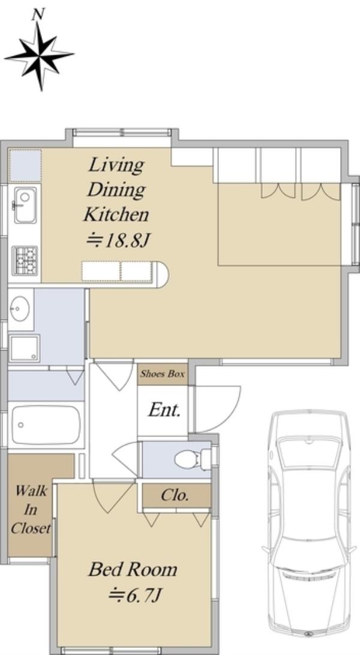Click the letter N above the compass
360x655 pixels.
pos(38,14)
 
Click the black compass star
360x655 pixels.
pos(40,55)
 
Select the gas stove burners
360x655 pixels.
pos(25,261)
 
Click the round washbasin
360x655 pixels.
pos(20,309)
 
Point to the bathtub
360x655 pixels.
pos(46,425)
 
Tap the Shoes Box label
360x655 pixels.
pos(163,374)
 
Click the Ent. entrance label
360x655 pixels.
pos(164,410)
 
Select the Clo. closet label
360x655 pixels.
pos(175,495)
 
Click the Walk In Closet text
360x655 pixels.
pos(31,510)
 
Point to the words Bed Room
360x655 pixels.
pos(133,569)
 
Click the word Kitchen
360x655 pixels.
pos(116,215)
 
